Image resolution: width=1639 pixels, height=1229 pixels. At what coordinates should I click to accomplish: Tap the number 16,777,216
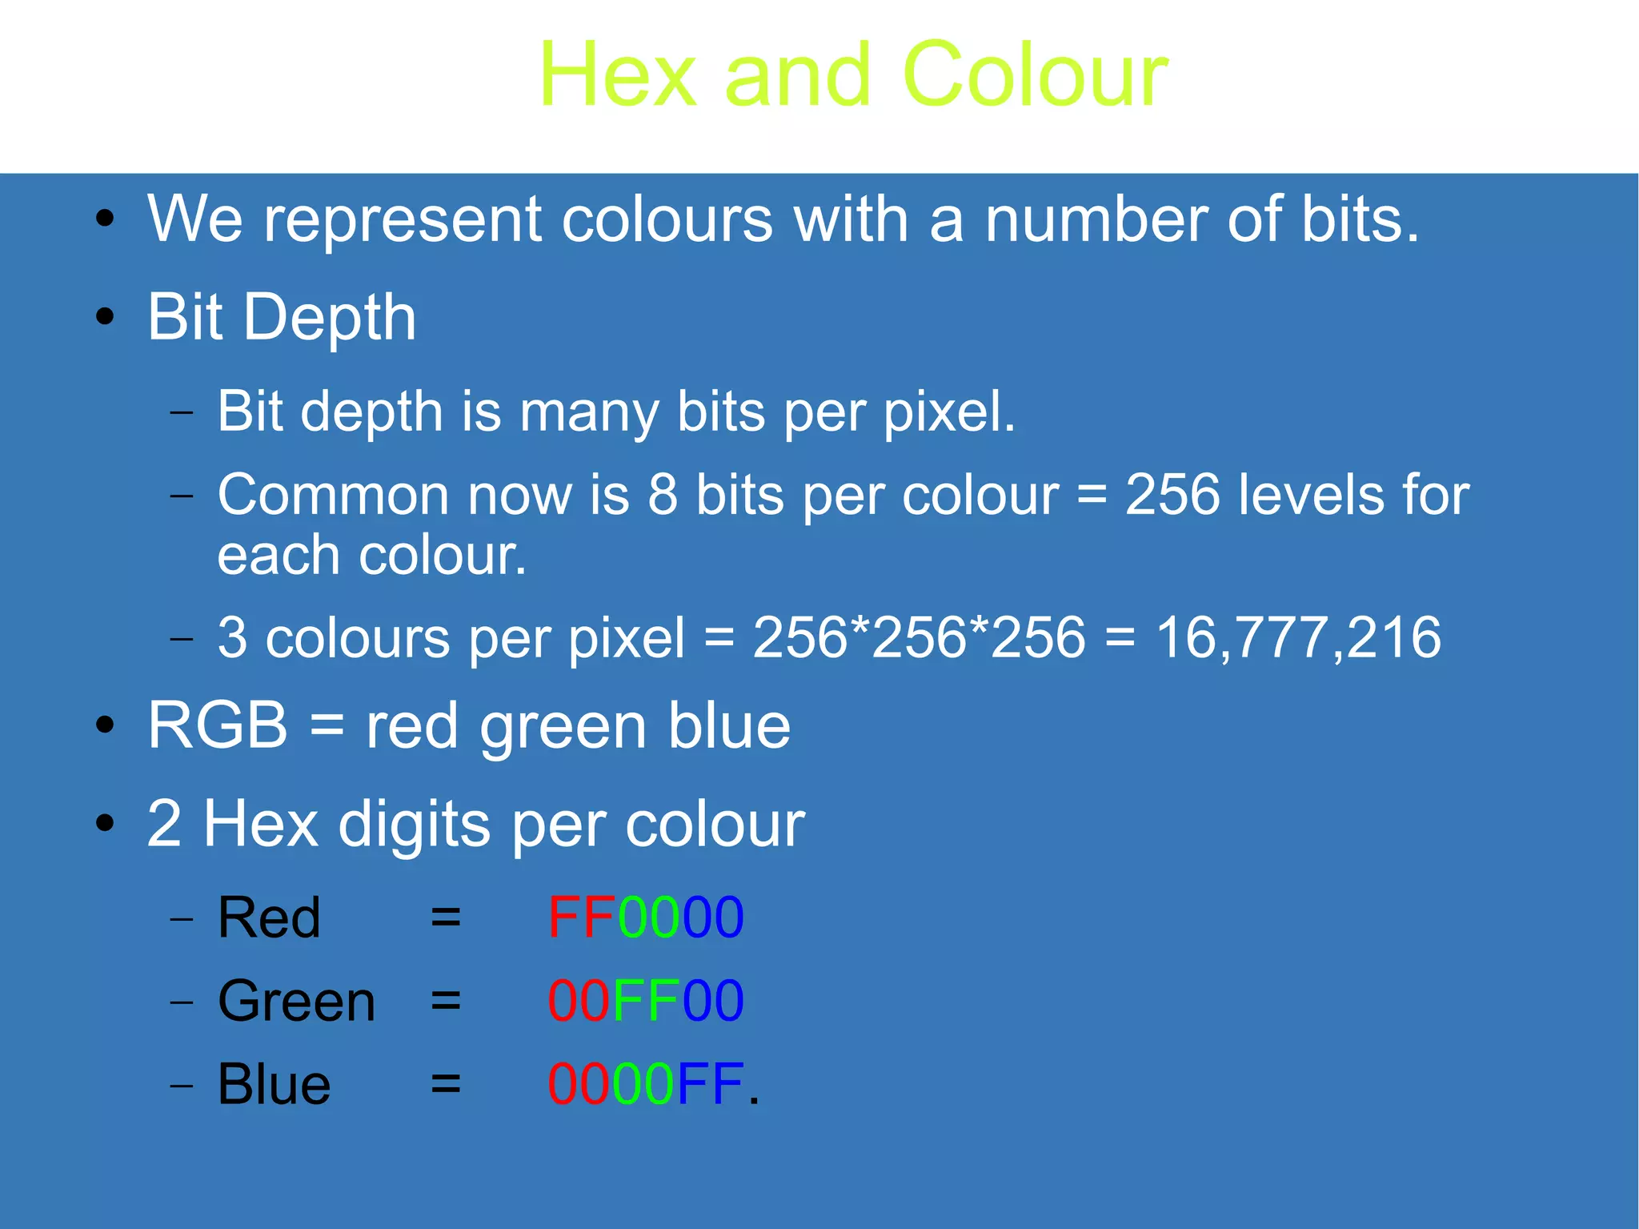coord(1298,638)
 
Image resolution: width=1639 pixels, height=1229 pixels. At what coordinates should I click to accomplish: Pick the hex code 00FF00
coord(645,1001)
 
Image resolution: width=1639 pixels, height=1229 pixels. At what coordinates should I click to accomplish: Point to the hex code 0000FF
coord(645,1084)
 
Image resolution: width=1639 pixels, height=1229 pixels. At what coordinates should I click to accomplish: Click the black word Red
coord(269,918)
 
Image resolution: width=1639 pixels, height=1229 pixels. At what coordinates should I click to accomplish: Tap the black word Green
coord(296,1002)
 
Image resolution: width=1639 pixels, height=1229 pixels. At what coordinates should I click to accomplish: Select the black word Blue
coord(274,1085)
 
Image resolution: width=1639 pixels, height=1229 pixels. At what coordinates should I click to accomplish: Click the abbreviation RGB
coord(217,725)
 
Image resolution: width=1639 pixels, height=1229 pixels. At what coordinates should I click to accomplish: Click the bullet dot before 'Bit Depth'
coord(105,317)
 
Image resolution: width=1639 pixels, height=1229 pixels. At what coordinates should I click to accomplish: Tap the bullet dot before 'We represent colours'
coord(105,219)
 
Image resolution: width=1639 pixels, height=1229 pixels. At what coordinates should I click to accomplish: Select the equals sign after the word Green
coord(446,1001)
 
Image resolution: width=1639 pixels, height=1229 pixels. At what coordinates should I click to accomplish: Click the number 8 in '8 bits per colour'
coord(663,494)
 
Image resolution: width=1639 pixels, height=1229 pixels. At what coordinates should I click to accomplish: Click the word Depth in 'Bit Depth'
coord(330,319)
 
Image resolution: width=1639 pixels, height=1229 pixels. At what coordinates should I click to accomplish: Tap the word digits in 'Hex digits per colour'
coord(414,825)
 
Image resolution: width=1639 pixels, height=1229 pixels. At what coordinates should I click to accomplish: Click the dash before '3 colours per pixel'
coord(182,639)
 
